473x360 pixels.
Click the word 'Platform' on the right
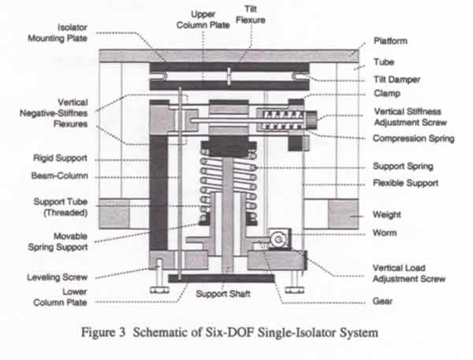pyautogui.click(x=391, y=41)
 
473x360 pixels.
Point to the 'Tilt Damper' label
pyautogui.click(x=397, y=79)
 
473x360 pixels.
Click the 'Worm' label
pyautogui.click(x=385, y=233)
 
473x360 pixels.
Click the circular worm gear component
pyautogui.click(x=277, y=239)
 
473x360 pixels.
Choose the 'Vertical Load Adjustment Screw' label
pyautogui.click(x=409, y=273)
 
